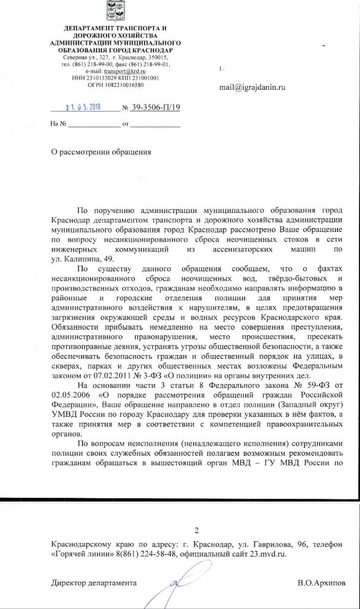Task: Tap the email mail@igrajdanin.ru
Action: pyautogui.click(x=253, y=87)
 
